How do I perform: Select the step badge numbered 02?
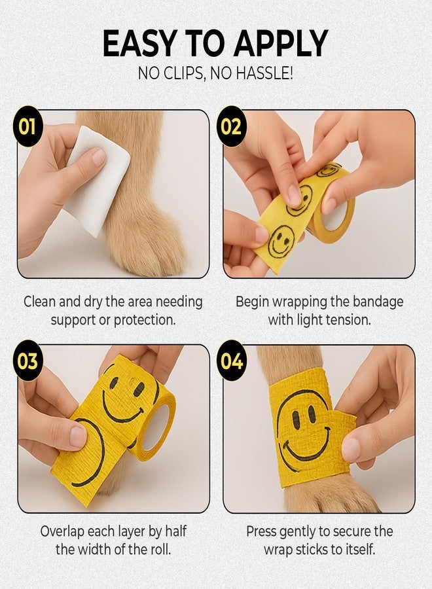tap(231, 125)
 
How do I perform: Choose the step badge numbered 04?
tap(231, 361)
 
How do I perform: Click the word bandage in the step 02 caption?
tap(378, 302)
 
